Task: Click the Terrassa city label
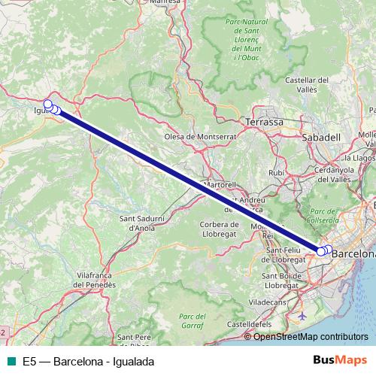[264, 121]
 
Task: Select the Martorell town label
[220, 184]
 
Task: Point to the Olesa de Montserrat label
[200, 137]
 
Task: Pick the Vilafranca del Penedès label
[95, 280]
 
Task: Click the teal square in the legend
[11, 362]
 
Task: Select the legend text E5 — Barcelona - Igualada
[88, 362]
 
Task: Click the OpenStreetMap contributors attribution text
[310, 336]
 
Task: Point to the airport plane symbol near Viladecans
[302, 315]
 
